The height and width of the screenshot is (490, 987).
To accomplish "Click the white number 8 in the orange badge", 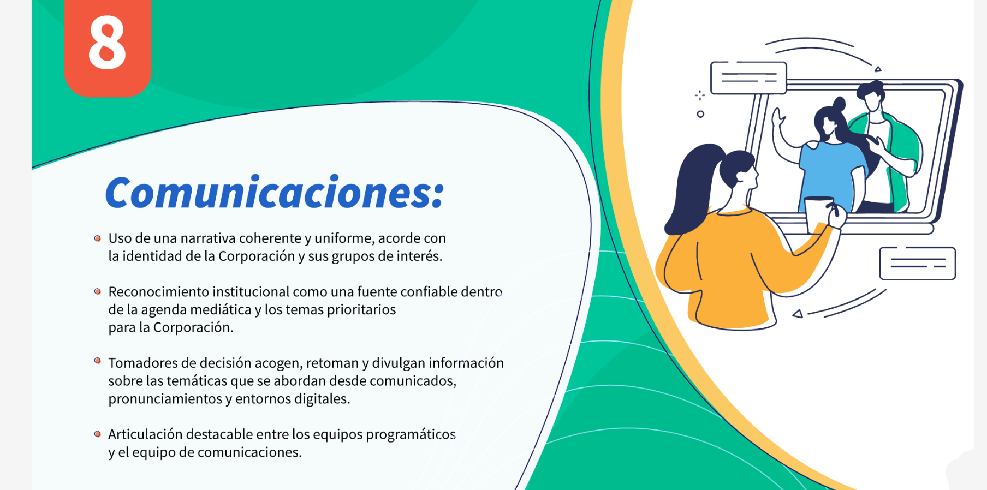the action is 107,43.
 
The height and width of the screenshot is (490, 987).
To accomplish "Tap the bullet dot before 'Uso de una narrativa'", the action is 98,238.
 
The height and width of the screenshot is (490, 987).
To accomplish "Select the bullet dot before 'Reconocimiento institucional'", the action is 98,292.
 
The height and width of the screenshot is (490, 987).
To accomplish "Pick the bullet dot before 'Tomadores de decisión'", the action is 98,361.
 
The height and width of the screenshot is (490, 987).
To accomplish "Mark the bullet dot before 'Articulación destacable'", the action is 98,434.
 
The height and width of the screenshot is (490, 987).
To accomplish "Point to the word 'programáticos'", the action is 411,435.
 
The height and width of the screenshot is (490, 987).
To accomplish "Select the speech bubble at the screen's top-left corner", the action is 748,78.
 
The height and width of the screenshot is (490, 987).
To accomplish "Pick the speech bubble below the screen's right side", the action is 917,264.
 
